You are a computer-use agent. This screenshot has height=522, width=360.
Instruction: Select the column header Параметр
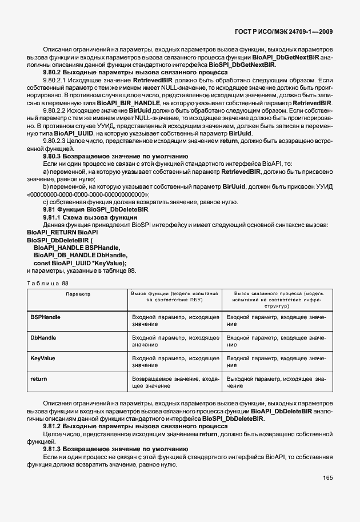click(x=78, y=293)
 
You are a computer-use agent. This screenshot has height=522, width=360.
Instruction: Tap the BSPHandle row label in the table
click(x=45, y=317)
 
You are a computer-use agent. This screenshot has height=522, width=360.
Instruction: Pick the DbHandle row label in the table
click(x=43, y=338)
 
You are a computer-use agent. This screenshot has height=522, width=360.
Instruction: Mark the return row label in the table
click(x=38, y=379)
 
